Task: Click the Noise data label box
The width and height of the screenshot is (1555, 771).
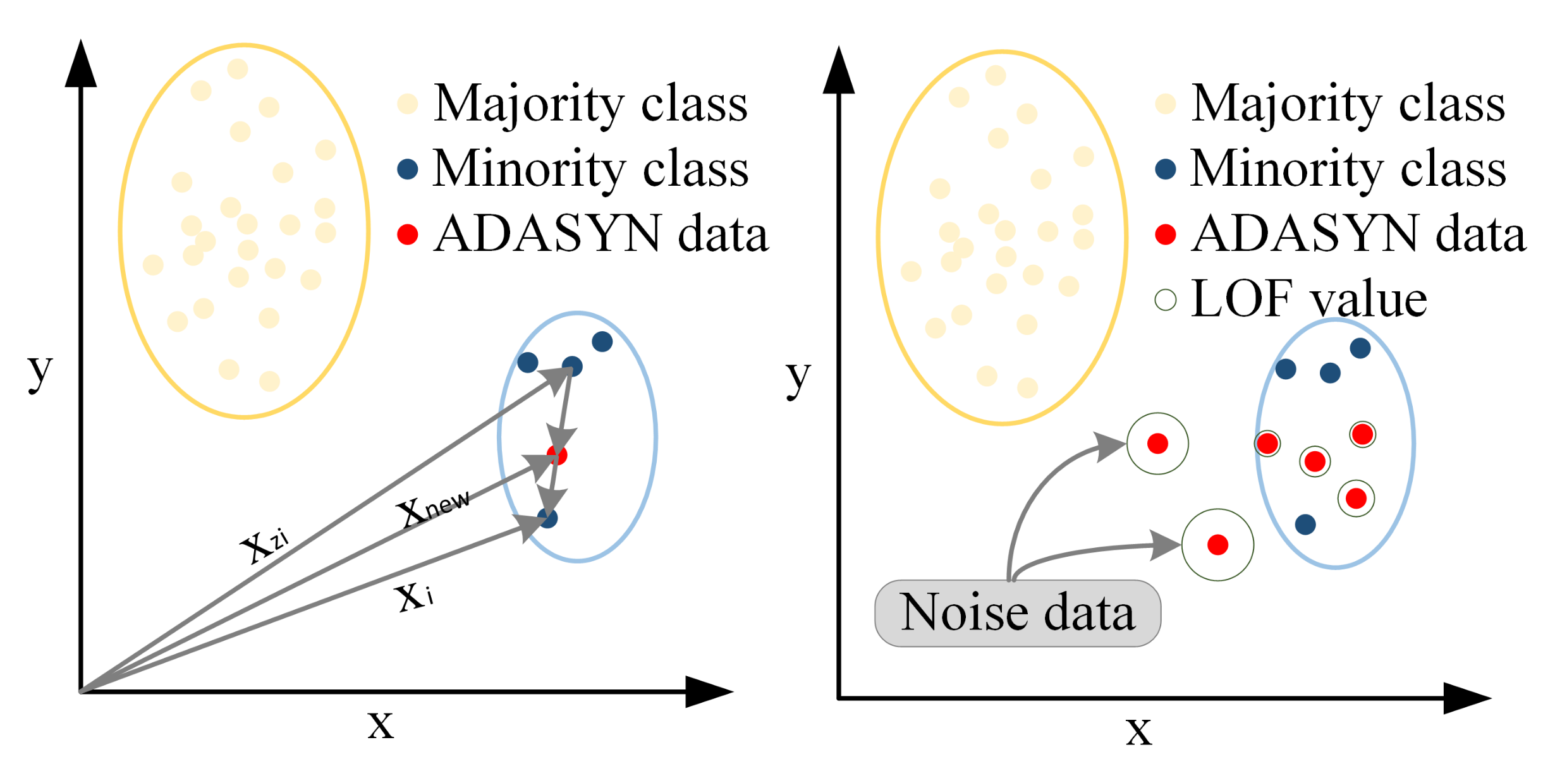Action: click(x=1017, y=612)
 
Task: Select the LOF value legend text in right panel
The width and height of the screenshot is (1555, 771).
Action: click(x=1308, y=299)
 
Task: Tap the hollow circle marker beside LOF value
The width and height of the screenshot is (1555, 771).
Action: click(x=1165, y=300)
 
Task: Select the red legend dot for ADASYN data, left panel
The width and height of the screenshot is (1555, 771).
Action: click(x=408, y=234)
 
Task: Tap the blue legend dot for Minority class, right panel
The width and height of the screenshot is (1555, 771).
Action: click(x=1165, y=169)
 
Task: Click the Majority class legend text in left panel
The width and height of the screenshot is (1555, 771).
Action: click(x=590, y=104)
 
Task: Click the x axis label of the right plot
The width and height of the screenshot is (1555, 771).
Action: click(x=1138, y=731)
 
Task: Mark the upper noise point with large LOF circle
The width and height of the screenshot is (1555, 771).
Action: click(x=1157, y=444)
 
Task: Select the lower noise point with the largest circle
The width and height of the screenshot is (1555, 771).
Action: click(x=1217, y=545)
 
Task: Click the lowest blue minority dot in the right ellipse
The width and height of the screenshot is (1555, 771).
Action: click(x=1305, y=524)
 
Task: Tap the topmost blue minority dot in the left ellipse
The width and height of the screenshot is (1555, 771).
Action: click(x=602, y=342)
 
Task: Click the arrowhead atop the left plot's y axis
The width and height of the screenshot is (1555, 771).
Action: click(x=81, y=63)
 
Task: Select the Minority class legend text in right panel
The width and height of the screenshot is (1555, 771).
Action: click(x=1348, y=169)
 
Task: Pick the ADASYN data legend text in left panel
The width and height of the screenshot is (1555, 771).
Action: click(x=601, y=234)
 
